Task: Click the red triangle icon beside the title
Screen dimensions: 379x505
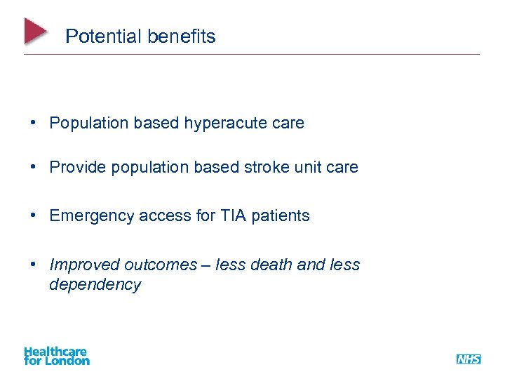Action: pyautogui.click(x=36, y=32)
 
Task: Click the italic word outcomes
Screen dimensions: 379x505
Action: pyautogui.click(x=161, y=265)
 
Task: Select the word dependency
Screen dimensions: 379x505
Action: pyautogui.click(x=95, y=285)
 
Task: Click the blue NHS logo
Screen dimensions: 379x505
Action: pyautogui.click(x=469, y=359)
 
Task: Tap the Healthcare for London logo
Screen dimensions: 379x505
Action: pyautogui.click(x=56, y=356)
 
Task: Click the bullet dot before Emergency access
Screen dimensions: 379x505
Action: pyautogui.click(x=33, y=216)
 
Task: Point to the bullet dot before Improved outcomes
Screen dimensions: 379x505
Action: pyautogui.click(x=33, y=265)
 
